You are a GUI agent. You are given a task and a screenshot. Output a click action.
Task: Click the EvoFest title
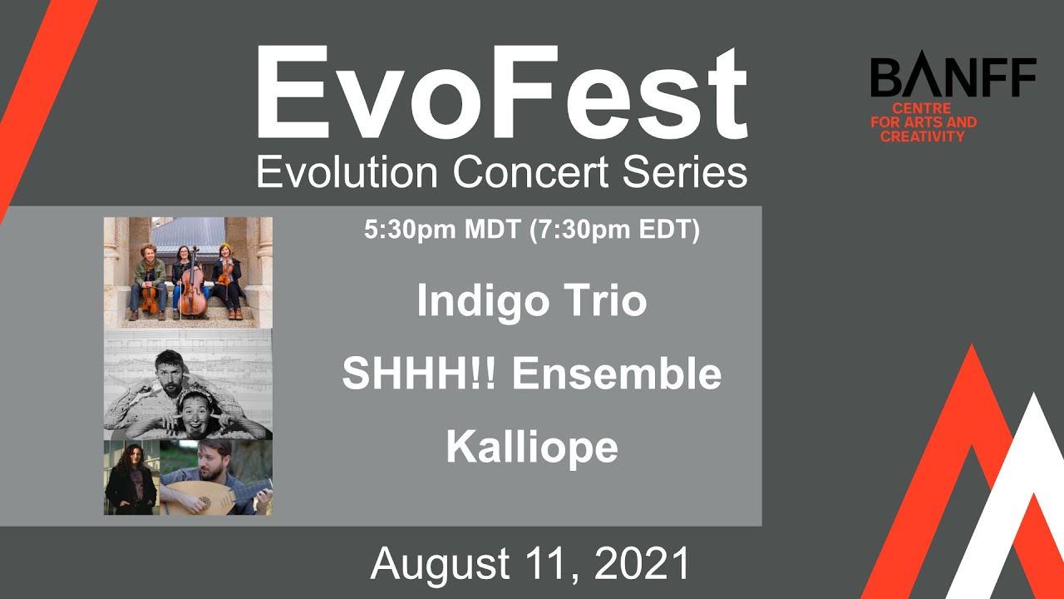[501, 93]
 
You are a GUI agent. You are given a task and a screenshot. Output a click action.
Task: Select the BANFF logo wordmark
[953, 78]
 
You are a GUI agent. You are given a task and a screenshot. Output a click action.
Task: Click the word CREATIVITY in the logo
[923, 136]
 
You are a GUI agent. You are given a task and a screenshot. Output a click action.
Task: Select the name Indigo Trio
[531, 301]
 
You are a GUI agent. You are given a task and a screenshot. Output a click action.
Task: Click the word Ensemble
[617, 374]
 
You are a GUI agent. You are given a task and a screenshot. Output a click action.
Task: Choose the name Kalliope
[531, 448]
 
